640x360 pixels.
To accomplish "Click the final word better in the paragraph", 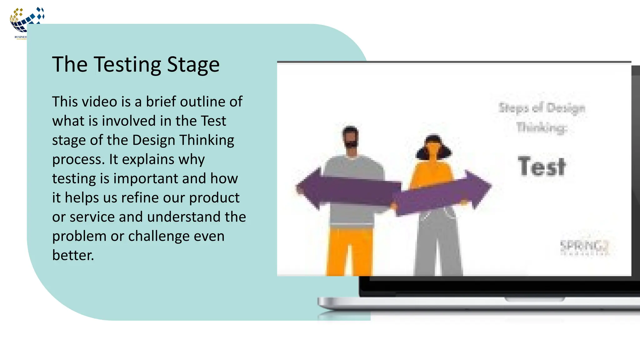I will (72, 255).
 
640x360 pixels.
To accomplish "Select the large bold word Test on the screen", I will (542, 167).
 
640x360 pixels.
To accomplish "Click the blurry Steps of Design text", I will (542, 108).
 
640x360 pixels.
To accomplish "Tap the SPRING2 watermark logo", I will (584, 247).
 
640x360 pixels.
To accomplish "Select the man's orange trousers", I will (350, 250).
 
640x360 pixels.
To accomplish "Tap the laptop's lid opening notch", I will (535, 299).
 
